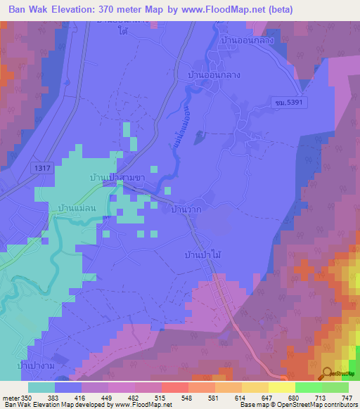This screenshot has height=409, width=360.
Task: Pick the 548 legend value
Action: (x=185, y=398)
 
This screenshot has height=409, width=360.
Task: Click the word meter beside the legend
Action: (x=10, y=398)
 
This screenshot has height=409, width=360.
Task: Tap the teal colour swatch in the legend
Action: (x=41, y=387)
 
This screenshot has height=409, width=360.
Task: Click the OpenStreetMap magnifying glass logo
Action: (x=328, y=375)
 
